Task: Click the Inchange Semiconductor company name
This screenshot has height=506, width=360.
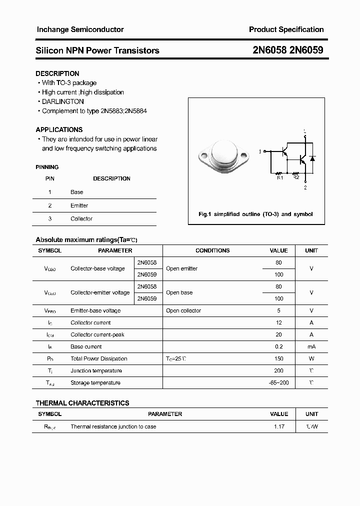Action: click(x=80, y=29)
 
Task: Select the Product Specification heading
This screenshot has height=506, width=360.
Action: click(x=286, y=29)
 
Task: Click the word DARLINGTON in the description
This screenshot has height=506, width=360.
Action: click(x=62, y=101)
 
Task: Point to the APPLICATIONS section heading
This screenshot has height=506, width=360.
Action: click(x=59, y=129)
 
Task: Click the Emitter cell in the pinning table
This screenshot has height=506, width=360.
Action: click(x=79, y=205)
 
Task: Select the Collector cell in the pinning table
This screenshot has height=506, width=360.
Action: click(x=81, y=218)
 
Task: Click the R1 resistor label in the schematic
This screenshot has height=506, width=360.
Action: click(x=280, y=177)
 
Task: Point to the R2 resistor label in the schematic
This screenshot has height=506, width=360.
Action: click(x=295, y=177)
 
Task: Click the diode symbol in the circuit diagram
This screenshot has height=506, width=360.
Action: click(x=312, y=159)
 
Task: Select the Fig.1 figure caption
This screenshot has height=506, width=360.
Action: click(x=255, y=214)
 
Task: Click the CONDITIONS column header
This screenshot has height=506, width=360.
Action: click(x=212, y=250)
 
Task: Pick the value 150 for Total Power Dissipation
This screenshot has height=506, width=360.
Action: click(x=278, y=358)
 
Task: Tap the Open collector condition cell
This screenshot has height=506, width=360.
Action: click(x=183, y=310)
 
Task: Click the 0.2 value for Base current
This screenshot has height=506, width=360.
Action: click(x=278, y=346)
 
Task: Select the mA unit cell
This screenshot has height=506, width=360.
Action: click(x=311, y=346)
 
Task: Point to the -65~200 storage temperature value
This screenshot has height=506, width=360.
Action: click(x=278, y=382)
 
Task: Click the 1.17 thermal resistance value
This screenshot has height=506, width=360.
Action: click(x=278, y=426)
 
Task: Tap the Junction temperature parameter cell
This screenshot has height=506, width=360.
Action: click(x=96, y=370)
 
